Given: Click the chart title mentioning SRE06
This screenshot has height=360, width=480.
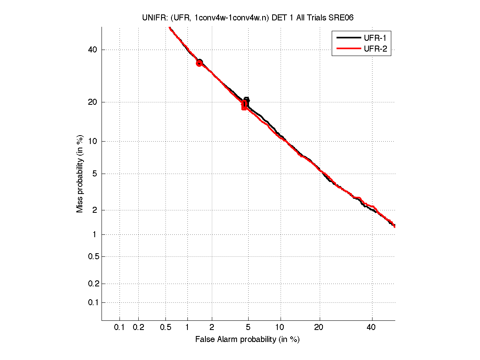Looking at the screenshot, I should (x=248, y=18).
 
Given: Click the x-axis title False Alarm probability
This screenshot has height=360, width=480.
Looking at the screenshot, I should (x=247, y=339).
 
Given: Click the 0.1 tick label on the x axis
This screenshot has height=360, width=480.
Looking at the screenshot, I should (x=120, y=327).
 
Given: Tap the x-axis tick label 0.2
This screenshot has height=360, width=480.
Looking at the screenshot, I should (x=138, y=327).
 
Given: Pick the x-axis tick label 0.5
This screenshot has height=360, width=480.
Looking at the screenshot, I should (x=165, y=327).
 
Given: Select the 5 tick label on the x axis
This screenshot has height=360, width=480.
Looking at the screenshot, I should (x=248, y=327).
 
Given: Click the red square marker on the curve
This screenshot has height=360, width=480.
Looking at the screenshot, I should (x=244, y=106).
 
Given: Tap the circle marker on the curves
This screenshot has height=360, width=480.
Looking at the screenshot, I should (x=199, y=63).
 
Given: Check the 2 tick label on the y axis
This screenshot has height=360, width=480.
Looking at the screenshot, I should (x=95, y=210).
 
